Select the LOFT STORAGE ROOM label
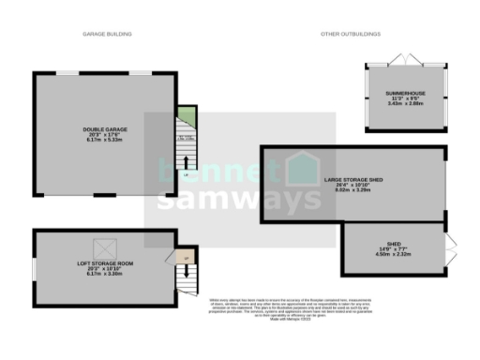pyautogui.click(x=104, y=263)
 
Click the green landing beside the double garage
pyautogui.click(x=187, y=116)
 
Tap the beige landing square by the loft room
pyautogui.click(x=186, y=257)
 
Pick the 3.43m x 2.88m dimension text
pyautogui.click(x=405, y=106)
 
